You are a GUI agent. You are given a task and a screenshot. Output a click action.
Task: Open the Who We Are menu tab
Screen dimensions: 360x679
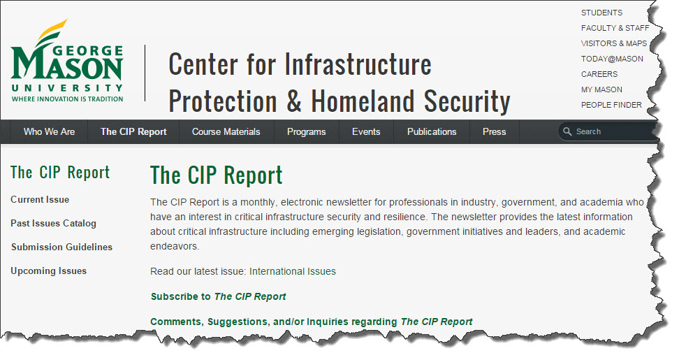click(49, 131)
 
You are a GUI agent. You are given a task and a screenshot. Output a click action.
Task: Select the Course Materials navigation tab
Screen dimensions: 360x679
click(226, 131)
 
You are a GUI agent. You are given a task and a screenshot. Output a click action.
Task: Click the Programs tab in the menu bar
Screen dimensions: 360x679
click(306, 131)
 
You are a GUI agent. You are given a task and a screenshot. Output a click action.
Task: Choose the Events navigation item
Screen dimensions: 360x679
click(366, 131)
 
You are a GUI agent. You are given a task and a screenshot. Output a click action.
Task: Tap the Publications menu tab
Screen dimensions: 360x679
click(432, 131)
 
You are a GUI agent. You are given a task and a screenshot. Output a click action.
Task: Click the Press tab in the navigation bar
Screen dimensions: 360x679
click(494, 131)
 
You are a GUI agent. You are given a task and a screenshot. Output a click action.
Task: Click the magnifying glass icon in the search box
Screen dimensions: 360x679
click(567, 131)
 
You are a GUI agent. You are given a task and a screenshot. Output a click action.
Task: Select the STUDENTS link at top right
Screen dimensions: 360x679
click(601, 13)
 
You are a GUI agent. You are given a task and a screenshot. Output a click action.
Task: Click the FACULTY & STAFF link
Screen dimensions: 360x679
click(615, 28)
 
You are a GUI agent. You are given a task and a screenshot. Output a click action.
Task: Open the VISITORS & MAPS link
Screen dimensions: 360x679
click(614, 43)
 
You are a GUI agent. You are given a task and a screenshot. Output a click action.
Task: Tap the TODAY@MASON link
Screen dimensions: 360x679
click(612, 59)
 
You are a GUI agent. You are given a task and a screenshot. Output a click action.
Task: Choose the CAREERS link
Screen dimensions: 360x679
click(599, 74)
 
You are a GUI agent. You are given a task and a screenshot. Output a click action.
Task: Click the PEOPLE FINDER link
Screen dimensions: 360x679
click(611, 105)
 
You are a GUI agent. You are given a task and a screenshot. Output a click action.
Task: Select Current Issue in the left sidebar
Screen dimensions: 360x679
click(40, 200)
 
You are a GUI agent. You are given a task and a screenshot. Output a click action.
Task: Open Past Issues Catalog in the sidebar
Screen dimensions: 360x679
click(53, 224)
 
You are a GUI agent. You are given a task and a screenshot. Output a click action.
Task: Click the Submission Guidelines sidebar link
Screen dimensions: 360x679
click(61, 247)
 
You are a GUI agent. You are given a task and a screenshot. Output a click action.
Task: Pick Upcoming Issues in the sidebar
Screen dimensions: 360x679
click(48, 271)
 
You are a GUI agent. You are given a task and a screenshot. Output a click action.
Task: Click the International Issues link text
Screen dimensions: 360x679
click(292, 271)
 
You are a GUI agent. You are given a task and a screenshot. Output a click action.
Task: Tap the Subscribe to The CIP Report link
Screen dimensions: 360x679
click(218, 296)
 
